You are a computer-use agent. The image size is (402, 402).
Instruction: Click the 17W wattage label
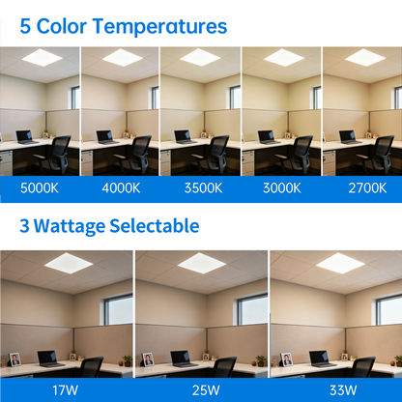(67, 390)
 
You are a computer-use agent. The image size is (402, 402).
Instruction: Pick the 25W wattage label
(201, 390)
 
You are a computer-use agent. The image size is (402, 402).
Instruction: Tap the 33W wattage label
(335, 390)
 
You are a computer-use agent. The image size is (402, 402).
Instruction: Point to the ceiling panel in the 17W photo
(67, 262)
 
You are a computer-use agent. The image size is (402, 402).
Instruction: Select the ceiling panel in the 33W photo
(335, 262)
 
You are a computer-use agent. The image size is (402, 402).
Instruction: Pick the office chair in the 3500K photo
(217, 153)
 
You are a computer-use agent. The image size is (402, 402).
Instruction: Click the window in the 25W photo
(252, 309)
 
